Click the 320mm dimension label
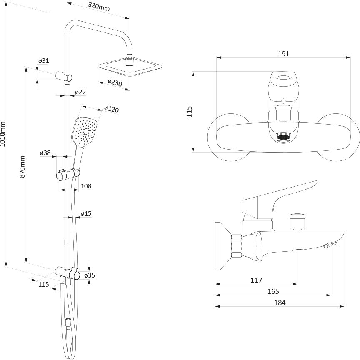tap(99, 7)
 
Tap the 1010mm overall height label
tap(3, 134)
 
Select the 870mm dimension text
tap(22, 167)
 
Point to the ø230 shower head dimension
tap(115, 82)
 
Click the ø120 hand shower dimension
tap(111, 109)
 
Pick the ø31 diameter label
tap(44, 61)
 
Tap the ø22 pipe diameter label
tap(80, 92)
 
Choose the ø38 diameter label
tap(45, 153)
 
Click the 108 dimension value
tap(86, 186)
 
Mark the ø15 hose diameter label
tap(86, 214)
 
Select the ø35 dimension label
tap(90, 275)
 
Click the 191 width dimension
tap(284, 54)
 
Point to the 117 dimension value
tap(256, 280)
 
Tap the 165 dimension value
tap(273, 291)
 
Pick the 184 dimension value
tap(280, 302)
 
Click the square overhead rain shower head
tap(130, 67)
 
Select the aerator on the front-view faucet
tap(283, 136)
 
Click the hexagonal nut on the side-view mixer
tap(237, 246)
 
